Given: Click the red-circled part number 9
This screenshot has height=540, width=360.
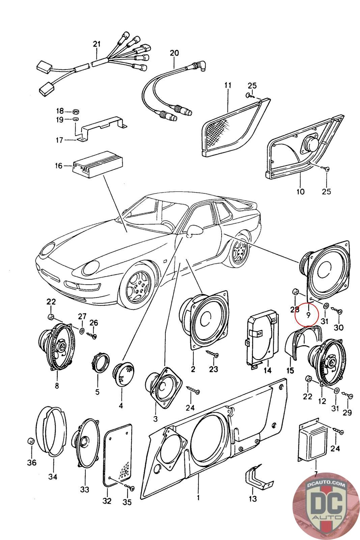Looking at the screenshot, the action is click(308, 315).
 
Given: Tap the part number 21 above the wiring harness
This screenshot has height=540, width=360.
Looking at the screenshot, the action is click(96, 44).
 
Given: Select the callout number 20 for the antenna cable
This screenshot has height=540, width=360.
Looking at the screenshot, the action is click(174, 53).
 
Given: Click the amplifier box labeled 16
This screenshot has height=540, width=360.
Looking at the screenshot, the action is click(98, 165).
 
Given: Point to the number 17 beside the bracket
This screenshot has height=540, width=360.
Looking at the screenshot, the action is click(59, 140).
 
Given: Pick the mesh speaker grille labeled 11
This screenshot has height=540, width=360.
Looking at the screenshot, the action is click(236, 128).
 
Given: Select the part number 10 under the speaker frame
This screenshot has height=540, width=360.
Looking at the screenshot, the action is click(300, 192).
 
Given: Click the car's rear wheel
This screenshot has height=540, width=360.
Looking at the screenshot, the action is click(239, 251).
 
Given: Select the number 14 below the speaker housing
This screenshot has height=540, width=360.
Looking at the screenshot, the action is click(268, 371).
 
